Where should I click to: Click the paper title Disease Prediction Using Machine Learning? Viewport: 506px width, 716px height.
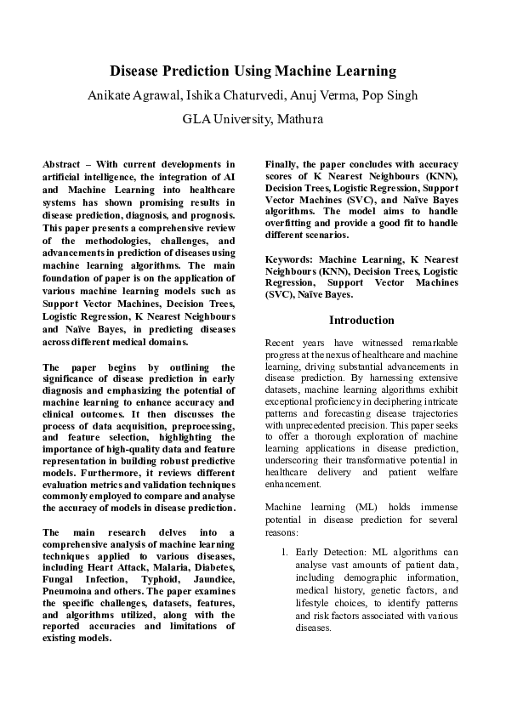(x=253, y=71)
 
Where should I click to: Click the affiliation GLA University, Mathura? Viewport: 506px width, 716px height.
(x=253, y=119)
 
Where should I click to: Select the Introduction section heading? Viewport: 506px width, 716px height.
(x=361, y=321)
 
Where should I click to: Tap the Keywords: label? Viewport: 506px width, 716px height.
(x=291, y=258)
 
